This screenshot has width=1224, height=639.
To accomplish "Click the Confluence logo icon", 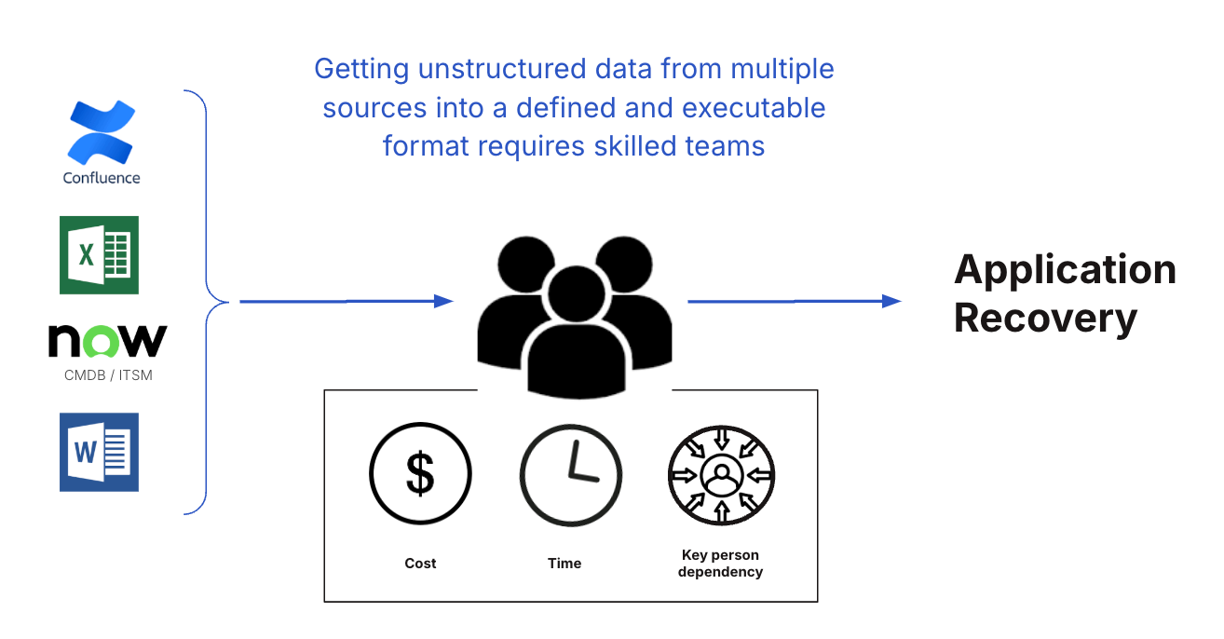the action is [x=102, y=133].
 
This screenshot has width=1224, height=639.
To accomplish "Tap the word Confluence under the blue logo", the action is [x=102, y=178].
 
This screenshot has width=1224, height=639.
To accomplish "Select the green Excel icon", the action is [x=99, y=255].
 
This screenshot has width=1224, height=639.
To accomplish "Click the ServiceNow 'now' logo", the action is [x=107, y=341].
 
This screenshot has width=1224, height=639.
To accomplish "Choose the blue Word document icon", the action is [x=99, y=452].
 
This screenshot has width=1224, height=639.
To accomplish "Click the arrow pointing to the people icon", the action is [x=346, y=301].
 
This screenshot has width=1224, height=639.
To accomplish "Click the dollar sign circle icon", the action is [x=420, y=473].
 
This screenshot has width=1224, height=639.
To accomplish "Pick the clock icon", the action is [x=570, y=475].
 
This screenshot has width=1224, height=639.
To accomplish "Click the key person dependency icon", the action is [x=721, y=475].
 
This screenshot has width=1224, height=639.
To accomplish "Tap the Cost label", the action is [x=420, y=564].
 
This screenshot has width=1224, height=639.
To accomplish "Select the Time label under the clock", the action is [x=564, y=564].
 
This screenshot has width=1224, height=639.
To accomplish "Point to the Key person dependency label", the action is [x=720, y=564].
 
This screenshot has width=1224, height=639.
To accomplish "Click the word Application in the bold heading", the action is [x=1065, y=270].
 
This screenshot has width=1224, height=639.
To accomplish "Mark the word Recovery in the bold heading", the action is [x=1045, y=318].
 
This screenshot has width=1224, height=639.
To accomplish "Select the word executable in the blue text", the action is [x=754, y=108].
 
